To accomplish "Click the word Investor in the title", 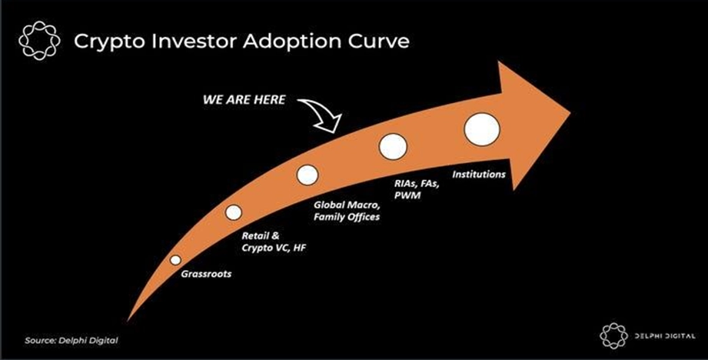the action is (x=191, y=41).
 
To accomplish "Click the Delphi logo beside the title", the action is (x=39, y=41).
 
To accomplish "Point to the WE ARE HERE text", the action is (x=244, y=100).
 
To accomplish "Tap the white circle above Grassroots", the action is (x=175, y=260).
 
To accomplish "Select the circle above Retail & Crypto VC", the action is (x=234, y=212).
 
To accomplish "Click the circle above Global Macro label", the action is (x=307, y=175).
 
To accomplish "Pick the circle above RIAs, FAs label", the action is (x=393, y=146).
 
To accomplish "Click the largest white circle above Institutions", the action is (x=482, y=129).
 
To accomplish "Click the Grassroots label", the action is (x=206, y=274).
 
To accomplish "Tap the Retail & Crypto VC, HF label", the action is (x=274, y=242).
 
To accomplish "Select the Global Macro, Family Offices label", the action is (x=347, y=211).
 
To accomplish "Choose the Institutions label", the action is (x=479, y=174).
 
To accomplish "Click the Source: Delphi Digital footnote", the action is (x=71, y=341).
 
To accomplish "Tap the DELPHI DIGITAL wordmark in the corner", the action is (x=664, y=336).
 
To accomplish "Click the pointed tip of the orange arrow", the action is (x=570, y=112).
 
